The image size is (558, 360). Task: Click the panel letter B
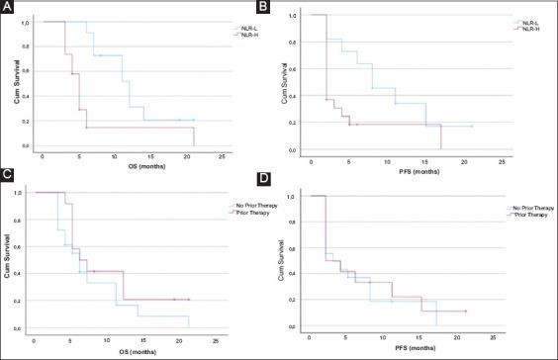(x=286, y=8)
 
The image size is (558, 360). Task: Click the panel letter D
(x=286, y=179)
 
